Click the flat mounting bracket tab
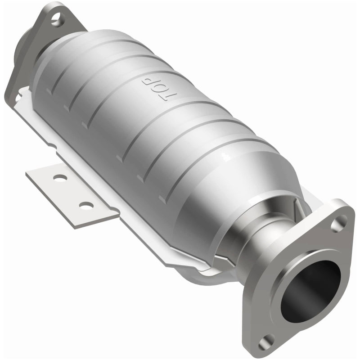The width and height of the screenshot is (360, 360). pyautogui.click(x=72, y=193)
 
